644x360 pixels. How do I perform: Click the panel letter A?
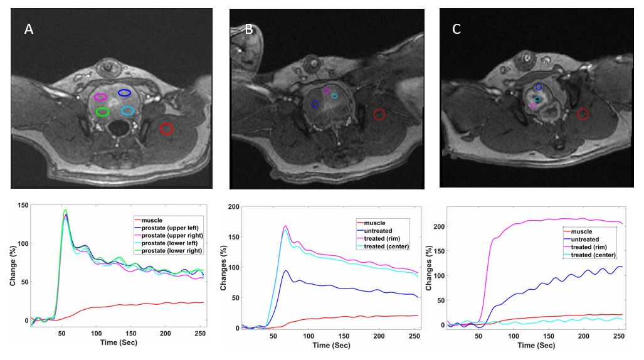[29, 29]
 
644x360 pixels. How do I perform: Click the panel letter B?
[249, 29]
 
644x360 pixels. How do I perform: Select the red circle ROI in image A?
[166, 129]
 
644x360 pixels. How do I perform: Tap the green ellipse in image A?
[102, 112]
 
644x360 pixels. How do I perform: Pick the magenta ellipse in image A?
[100, 97]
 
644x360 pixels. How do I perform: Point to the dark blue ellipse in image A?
[125, 93]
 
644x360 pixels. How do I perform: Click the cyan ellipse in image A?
[127, 110]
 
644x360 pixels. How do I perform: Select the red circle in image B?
[379, 114]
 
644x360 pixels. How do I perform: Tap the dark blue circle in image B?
[315, 104]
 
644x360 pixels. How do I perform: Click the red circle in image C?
[583, 114]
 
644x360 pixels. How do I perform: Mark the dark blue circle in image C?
[539, 87]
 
